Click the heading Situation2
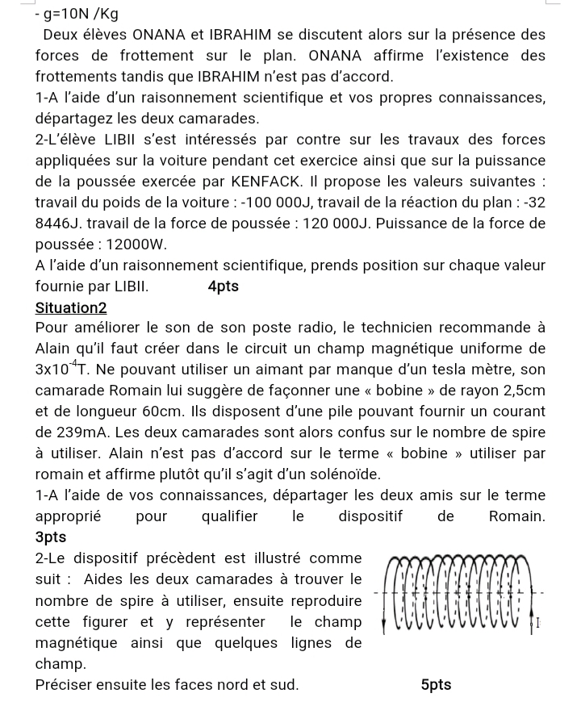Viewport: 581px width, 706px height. point(71,307)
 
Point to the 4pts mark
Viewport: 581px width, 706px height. point(223,286)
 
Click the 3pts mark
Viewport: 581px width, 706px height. point(51,537)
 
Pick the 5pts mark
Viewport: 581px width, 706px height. point(436,685)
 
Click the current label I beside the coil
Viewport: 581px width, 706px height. point(538,623)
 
